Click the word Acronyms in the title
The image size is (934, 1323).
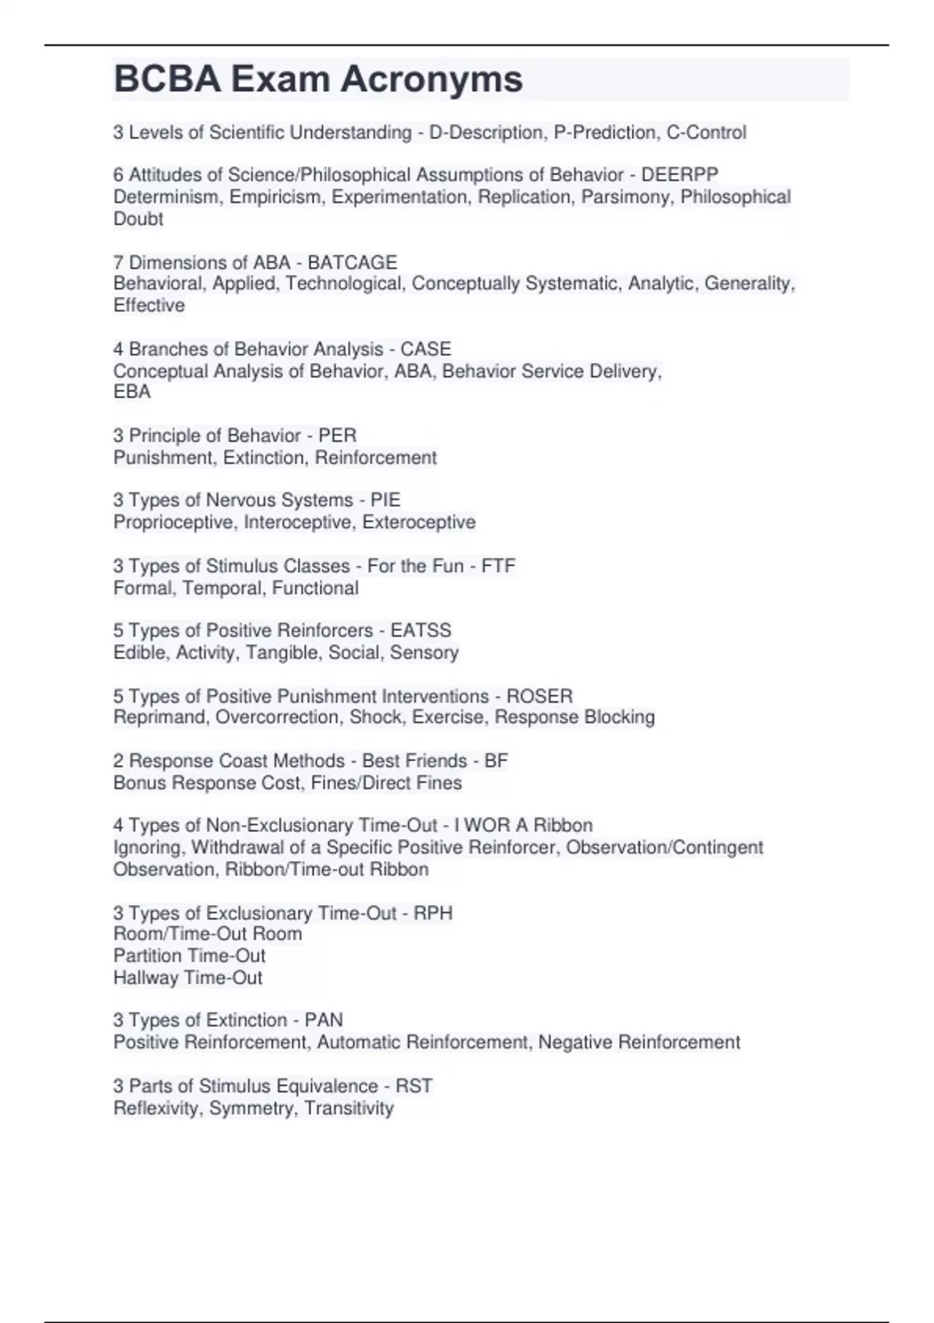[431, 79]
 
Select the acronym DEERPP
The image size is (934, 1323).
[679, 175]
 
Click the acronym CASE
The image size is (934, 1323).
[426, 349]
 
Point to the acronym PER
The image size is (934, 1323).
[338, 435]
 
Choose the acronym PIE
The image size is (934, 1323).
[385, 500]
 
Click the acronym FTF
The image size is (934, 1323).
[498, 566]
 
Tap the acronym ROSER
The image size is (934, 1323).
[539, 696]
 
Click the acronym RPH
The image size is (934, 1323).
[433, 913]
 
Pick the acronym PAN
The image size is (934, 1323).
[324, 1020]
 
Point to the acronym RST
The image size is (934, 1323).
[414, 1086]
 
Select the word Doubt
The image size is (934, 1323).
[139, 219]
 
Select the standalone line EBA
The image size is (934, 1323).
[132, 391]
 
